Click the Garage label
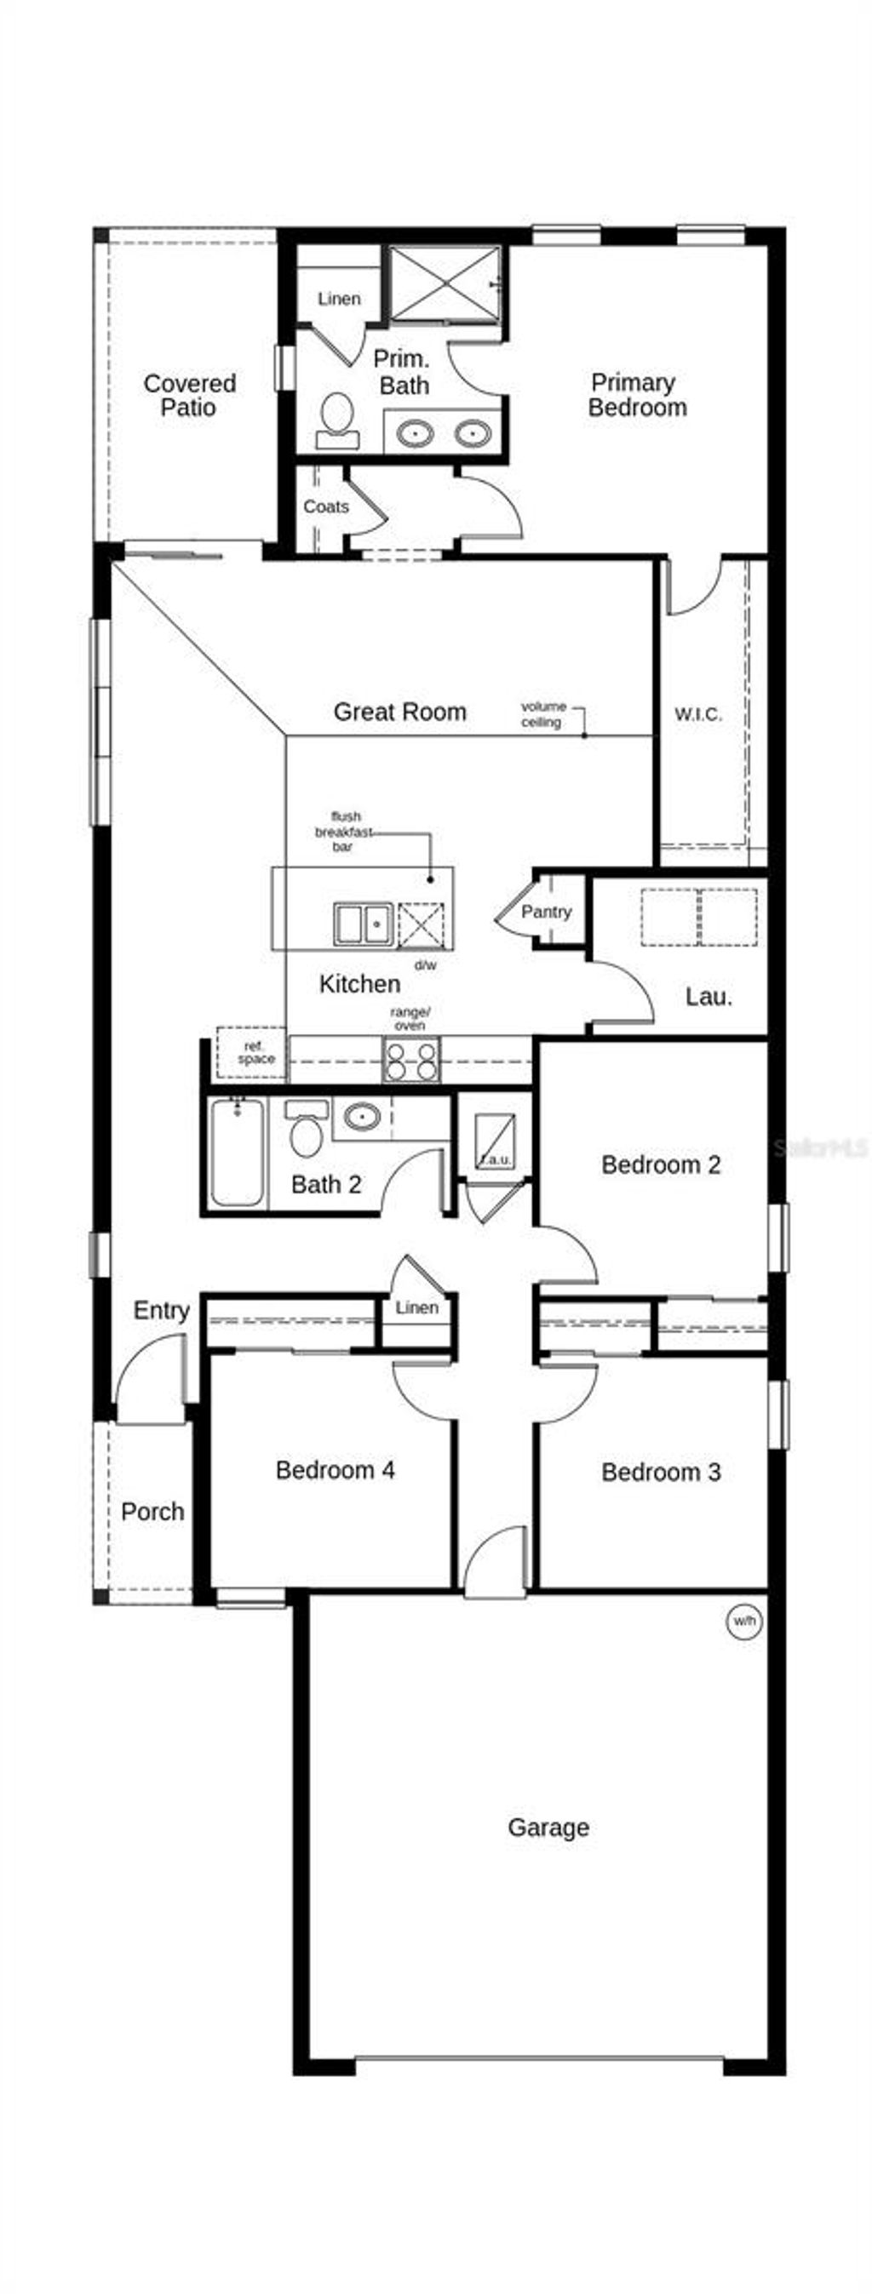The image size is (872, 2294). point(548,1828)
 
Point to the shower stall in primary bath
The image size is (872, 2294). point(445,283)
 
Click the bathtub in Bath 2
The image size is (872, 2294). point(237,1152)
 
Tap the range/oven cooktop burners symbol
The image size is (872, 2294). point(410,1060)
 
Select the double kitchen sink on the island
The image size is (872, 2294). point(364,924)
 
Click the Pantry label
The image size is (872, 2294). point(545,911)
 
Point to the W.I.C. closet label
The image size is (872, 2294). point(697,714)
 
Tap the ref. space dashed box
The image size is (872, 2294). point(252,1053)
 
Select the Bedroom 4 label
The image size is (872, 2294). point(335,1469)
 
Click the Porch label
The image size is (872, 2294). point(152,1511)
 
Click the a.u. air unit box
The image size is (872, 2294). point(495,1142)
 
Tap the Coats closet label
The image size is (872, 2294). point(325,506)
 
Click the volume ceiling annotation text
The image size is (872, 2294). point(542,713)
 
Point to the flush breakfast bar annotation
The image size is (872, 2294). point(343,831)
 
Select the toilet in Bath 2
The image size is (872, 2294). point(307,1132)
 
